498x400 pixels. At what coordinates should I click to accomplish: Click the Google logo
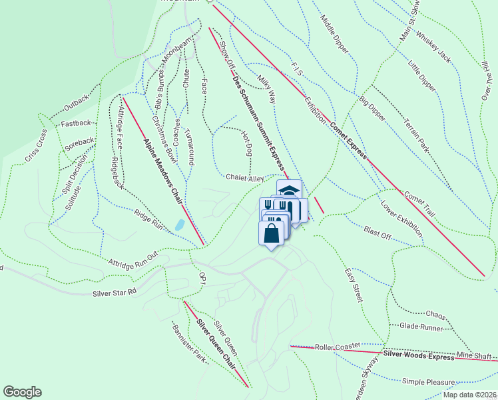point(22,392)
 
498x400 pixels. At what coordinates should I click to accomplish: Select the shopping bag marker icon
point(270,234)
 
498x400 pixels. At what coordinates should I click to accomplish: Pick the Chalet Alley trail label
point(245,179)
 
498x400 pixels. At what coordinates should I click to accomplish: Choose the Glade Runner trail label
point(421,327)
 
